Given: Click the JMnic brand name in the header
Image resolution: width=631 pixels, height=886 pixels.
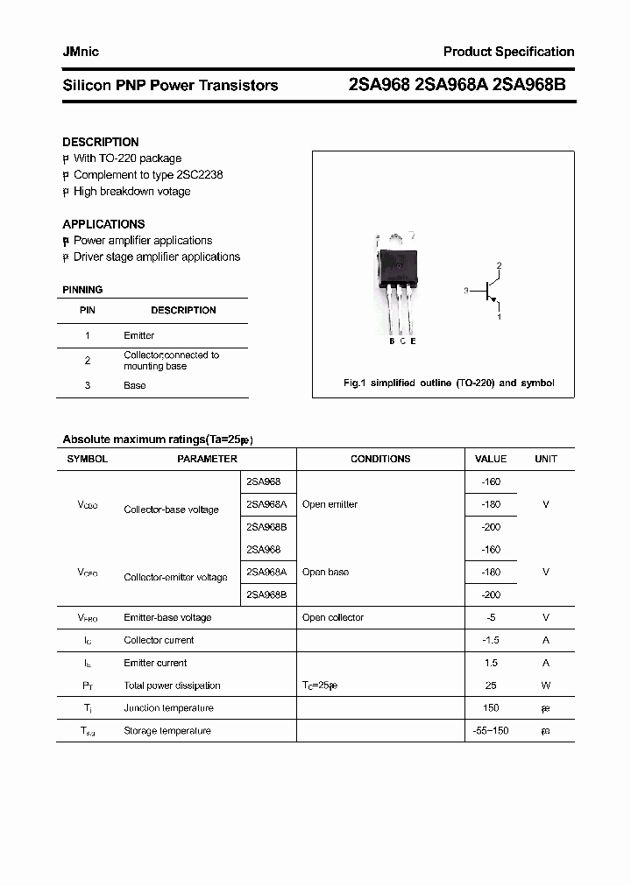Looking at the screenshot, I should tap(81, 52).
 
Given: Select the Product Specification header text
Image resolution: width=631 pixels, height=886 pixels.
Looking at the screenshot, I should tap(508, 52).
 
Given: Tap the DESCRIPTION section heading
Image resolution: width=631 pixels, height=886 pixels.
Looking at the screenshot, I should tap(101, 142).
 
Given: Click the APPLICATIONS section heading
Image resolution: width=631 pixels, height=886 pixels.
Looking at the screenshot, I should tap(103, 224).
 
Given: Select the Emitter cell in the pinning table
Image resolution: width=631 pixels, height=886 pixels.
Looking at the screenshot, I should tap(138, 335).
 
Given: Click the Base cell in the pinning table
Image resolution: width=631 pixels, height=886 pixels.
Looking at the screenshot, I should tap(135, 385).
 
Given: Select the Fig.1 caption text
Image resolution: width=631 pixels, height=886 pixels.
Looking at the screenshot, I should tap(448, 383).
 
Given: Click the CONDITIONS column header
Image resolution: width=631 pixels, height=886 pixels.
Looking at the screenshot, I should tap(380, 459).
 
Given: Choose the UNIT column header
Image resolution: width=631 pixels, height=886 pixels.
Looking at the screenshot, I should tap(546, 459).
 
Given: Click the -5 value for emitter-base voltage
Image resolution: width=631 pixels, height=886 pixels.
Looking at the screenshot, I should tap(491, 617).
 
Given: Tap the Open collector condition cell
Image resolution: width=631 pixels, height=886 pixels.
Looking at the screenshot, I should tap(332, 617).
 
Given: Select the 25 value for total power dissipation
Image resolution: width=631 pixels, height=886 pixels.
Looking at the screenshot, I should tap(491, 686).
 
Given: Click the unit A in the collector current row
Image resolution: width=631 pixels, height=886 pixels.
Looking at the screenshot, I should tap(546, 640).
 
